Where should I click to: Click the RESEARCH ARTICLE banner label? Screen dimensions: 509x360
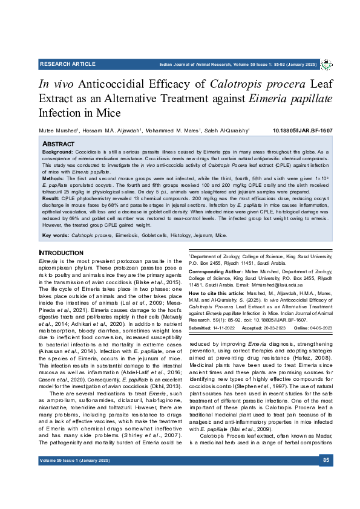67,63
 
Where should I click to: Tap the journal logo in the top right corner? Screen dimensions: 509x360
327,63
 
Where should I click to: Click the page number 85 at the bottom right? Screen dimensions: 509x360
326,461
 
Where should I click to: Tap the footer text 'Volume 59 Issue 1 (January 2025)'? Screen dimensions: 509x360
75,461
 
